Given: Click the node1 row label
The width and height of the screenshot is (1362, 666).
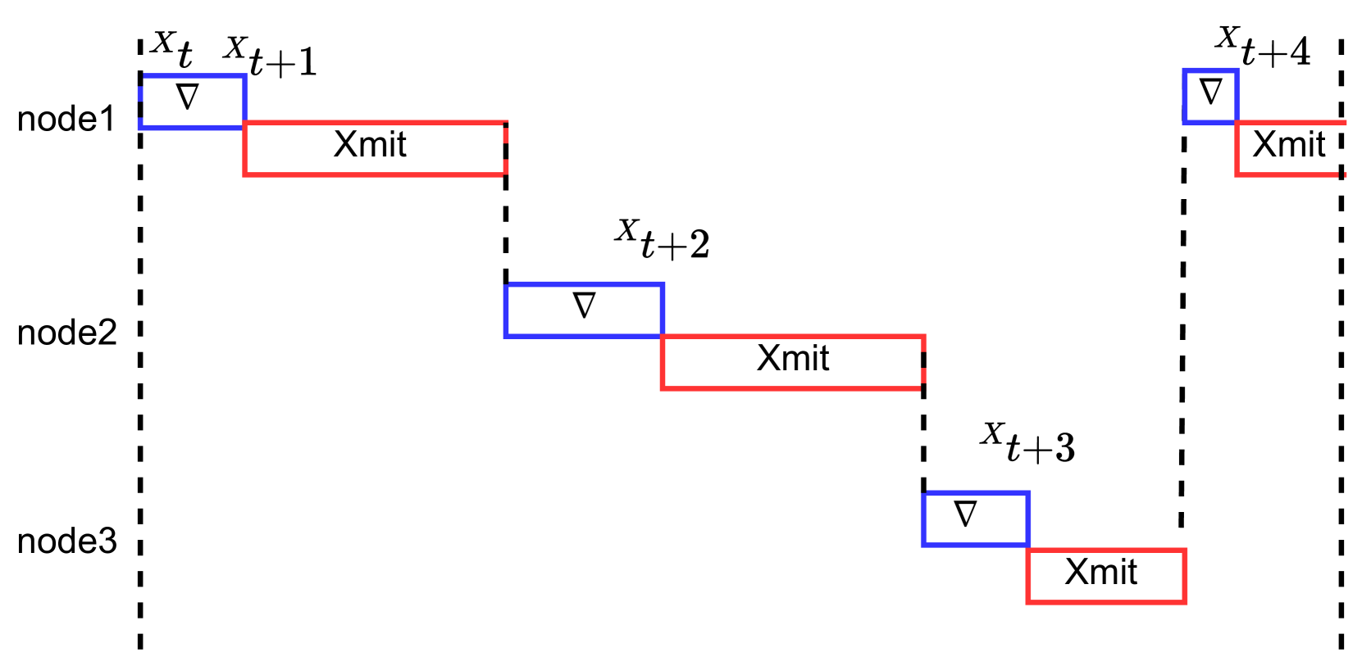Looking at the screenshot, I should [66, 120].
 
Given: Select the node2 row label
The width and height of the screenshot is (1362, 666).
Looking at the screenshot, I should [67, 333].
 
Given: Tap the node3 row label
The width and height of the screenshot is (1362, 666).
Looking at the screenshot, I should [67, 541].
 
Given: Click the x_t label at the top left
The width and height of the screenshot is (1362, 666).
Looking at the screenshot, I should [172, 49].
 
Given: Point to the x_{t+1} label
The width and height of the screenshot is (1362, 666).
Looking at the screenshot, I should [270, 56].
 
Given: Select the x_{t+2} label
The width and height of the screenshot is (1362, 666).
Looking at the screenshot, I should [662, 238].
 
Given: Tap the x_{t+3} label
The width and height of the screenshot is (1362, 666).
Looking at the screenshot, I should [1027, 442].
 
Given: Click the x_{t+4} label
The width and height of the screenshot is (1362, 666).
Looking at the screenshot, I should [1262, 46].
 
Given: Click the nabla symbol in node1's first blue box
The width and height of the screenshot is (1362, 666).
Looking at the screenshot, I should [188, 97].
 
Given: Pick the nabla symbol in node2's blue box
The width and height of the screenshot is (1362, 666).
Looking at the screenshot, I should [584, 306].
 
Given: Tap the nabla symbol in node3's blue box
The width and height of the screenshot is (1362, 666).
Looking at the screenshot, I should [966, 514].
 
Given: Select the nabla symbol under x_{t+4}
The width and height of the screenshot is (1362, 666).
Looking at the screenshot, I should [1210, 91].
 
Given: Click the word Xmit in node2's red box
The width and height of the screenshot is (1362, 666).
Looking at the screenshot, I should [793, 359].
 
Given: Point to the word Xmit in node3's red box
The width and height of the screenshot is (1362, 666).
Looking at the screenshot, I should [1100, 573].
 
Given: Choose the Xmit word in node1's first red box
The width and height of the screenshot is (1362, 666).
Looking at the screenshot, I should [370, 145].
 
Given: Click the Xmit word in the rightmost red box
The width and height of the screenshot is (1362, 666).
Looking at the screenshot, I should [1288, 145].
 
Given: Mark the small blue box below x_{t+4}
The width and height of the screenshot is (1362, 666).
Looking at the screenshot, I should [1210, 97].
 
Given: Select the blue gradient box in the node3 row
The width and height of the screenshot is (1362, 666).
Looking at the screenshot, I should [975, 519].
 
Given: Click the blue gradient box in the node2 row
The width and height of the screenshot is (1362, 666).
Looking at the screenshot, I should [584, 310].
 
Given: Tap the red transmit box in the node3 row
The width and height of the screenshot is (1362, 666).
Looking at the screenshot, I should [1105, 576].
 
